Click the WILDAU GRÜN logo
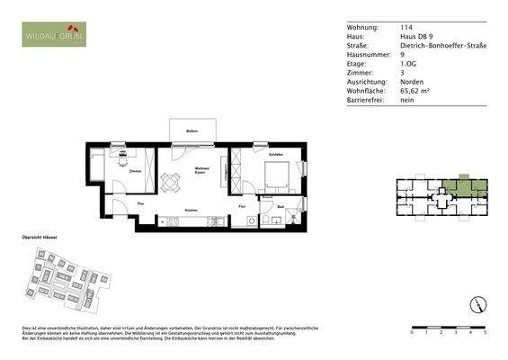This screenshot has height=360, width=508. tap(56, 37)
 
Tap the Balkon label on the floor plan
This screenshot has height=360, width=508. tap(192, 132)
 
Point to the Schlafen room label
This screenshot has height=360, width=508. tap(276, 155)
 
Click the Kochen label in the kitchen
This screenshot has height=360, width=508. tap(191, 210)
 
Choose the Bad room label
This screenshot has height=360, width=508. tap(281, 208)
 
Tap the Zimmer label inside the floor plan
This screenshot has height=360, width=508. tap(134, 170)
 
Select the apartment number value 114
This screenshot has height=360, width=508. tap(406, 28)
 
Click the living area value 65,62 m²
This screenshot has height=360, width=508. tap(416, 91)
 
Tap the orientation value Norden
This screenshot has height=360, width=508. tap(413, 82)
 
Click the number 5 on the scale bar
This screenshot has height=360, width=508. tap(485, 332)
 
